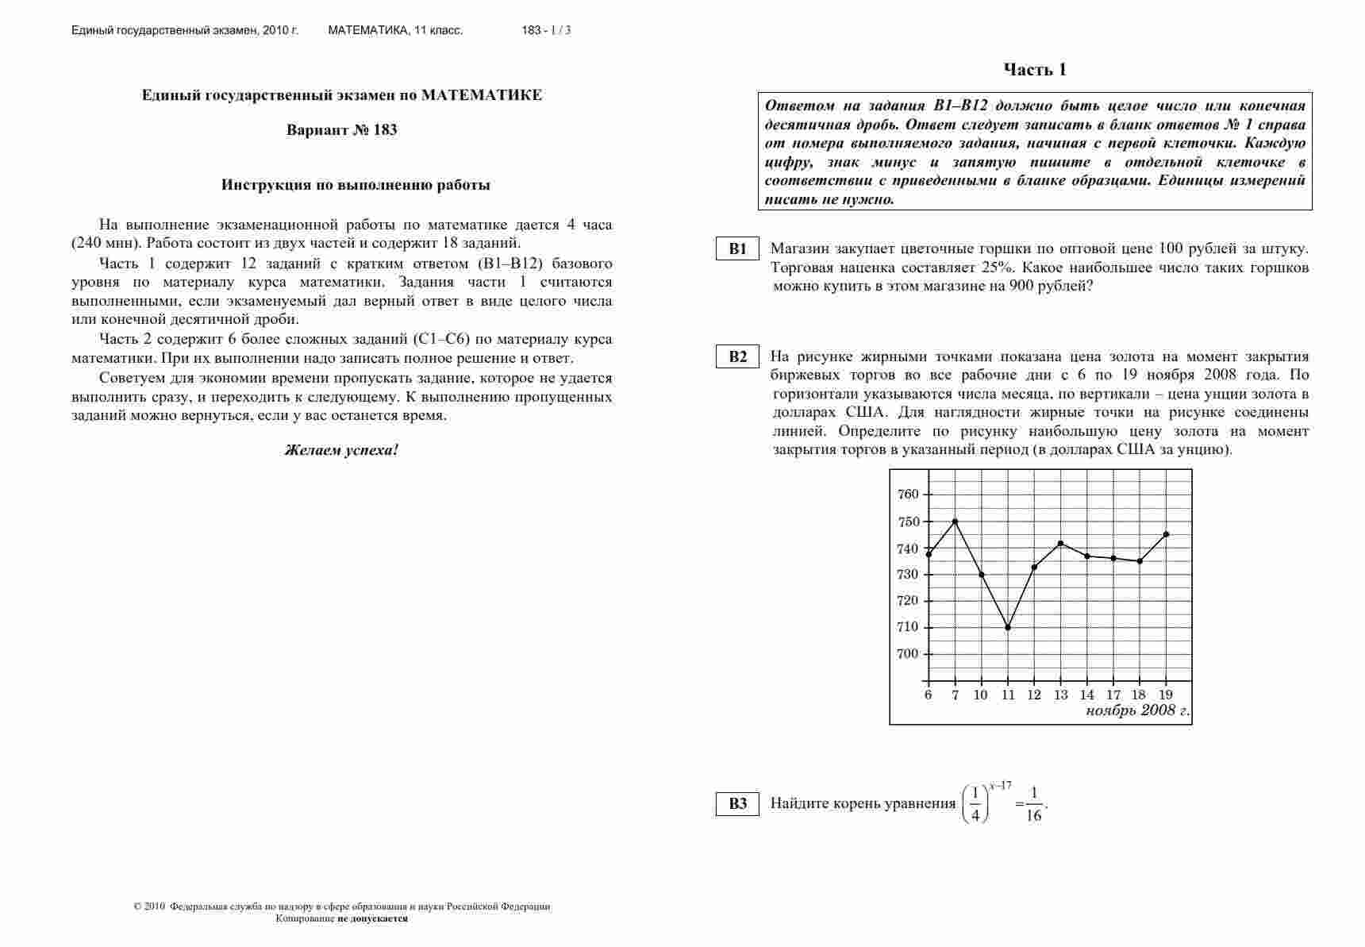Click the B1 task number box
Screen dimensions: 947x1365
[x=738, y=248]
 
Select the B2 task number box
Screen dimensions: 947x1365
[x=738, y=356]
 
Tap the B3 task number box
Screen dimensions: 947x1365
[x=738, y=803]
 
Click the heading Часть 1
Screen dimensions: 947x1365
[x=1034, y=70]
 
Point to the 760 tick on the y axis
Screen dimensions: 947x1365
[x=908, y=494]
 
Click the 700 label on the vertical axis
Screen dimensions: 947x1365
[x=908, y=654]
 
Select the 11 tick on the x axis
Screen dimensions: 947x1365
[x=1008, y=695]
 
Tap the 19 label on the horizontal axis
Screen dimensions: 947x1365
[x=1166, y=695]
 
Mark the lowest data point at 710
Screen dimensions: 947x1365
[x=1008, y=627]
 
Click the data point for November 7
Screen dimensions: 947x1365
[x=955, y=522]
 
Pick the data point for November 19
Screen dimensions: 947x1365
[x=1166, y=534]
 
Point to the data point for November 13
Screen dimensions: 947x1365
[x=1060, y=543]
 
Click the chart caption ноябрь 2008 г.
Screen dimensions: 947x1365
[x=1137, y=710]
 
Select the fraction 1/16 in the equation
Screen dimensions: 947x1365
[x=1033, y=804]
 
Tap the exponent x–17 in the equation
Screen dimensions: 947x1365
[x=1000, y=786]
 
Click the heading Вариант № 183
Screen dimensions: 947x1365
[x=341, y=130]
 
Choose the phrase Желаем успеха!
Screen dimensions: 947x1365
[x=341, y=450]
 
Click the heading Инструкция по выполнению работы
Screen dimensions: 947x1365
[x=356, y=185]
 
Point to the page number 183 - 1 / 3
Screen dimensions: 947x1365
[x=546, y=30]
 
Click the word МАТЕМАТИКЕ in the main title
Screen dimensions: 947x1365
[x=482, y=95]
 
